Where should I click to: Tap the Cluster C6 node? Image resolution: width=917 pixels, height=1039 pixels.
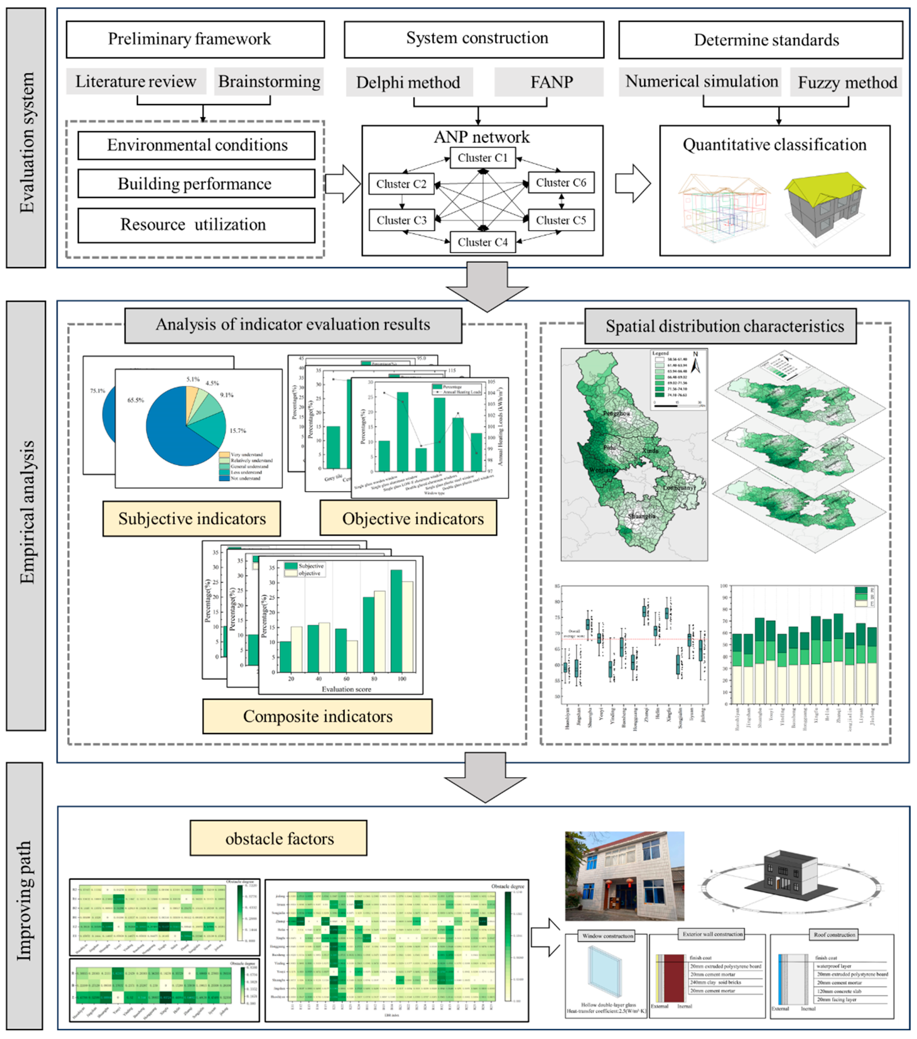point(561,183)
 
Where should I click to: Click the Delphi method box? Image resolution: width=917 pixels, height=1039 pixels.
point(408,82)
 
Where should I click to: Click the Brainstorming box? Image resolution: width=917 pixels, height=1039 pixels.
point(269,81)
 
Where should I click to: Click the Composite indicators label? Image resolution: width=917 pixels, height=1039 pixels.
point(317,716)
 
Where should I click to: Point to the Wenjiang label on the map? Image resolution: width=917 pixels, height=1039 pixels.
point(602,470)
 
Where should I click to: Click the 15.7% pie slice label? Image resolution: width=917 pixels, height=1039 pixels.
point(238,431)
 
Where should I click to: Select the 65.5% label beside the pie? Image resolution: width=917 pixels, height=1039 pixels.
point(135,400)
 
